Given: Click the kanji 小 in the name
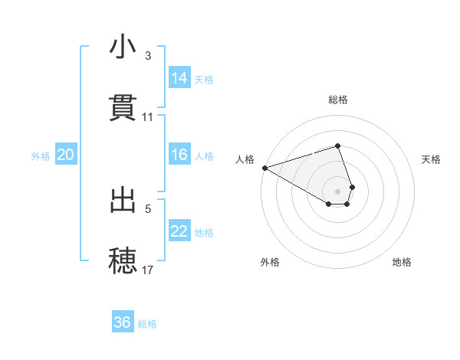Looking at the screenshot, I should coord(123,47).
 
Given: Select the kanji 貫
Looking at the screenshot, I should coord(123,106).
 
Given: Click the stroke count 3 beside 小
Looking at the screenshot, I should coord(148,56).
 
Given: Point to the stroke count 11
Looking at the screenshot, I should coord(148,117).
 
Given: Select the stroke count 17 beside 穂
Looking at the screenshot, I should coord(148,270).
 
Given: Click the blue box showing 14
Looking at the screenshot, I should coord(179,78).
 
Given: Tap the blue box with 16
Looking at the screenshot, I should coord(179,155).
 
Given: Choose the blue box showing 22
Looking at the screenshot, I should coord(179,231).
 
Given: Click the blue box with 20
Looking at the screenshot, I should coord(65,155).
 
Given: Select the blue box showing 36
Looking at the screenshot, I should coord(123,322).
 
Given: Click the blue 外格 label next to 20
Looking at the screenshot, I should coord(41,156).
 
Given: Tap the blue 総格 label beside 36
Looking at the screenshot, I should coord(147,324).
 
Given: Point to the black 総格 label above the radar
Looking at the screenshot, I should coord(338,100).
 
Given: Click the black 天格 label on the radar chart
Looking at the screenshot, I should coord(432,159).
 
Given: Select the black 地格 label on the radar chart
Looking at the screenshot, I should coord(402,262).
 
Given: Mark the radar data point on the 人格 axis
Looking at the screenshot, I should coord(264,168).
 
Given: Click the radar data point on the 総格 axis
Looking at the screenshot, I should coord(338,146).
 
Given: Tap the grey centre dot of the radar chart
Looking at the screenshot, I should coord(338,191).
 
